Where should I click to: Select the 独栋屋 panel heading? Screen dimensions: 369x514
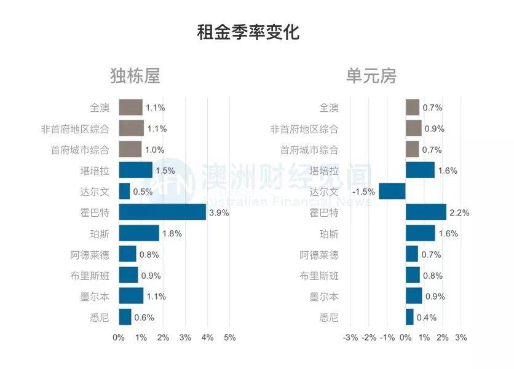point(135,76)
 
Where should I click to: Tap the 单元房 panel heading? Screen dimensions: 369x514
point(371,76)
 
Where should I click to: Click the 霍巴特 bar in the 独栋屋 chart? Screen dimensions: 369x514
point(162,212)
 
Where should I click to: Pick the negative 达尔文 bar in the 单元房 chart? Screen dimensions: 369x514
point(392,192)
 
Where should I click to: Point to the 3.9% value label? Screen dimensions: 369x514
point(219,213)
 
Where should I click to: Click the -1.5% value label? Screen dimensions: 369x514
point(363,192)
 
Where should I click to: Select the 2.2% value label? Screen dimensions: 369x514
point(459,213)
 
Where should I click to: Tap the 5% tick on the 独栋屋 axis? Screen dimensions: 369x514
point(229,338)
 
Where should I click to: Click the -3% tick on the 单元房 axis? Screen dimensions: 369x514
point(350,338)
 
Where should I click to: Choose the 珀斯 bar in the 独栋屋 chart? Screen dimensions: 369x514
point(139,233)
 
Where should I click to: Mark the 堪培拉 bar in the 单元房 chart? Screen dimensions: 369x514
point(420,171)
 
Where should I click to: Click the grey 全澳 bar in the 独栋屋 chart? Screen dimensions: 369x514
point(130,107)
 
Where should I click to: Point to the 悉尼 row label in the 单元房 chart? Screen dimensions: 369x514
point(329,317)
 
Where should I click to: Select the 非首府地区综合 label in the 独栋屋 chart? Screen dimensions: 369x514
point(74,129)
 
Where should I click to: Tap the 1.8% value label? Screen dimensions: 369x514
point(172,234)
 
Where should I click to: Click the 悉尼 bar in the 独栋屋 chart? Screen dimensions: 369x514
point(125,317)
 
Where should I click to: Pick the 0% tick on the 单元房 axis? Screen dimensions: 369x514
point(406,338)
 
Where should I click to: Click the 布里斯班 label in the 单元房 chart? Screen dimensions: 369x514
point(319,276)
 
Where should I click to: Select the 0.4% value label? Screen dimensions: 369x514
point(426,317)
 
